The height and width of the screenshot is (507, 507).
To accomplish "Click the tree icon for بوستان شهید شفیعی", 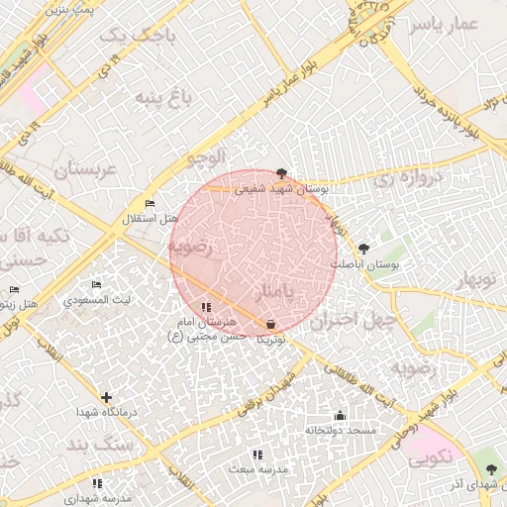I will click(282, 172).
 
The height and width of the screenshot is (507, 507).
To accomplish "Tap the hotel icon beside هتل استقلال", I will click(150, 204).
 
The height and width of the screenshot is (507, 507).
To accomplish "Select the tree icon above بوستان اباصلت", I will click(363, 249).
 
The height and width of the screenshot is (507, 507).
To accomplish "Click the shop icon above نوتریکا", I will click(271, 324).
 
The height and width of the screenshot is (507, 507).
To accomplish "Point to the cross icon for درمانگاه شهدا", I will click(106, 397).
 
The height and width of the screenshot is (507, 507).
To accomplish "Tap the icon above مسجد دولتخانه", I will click(341, 416).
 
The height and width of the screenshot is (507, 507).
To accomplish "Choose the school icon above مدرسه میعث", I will click(257, 455).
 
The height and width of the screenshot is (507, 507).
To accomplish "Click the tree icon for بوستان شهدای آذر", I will click(491, 468).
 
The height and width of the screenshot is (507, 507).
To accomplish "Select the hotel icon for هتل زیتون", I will click(14, 290).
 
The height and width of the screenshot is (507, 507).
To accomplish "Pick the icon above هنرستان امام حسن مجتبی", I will click(206, 308).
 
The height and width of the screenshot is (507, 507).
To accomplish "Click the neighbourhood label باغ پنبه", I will click(161, 97).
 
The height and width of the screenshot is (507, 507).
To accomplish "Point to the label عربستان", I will click(85, 170).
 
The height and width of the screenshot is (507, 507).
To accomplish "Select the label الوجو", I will click(208, 156).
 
